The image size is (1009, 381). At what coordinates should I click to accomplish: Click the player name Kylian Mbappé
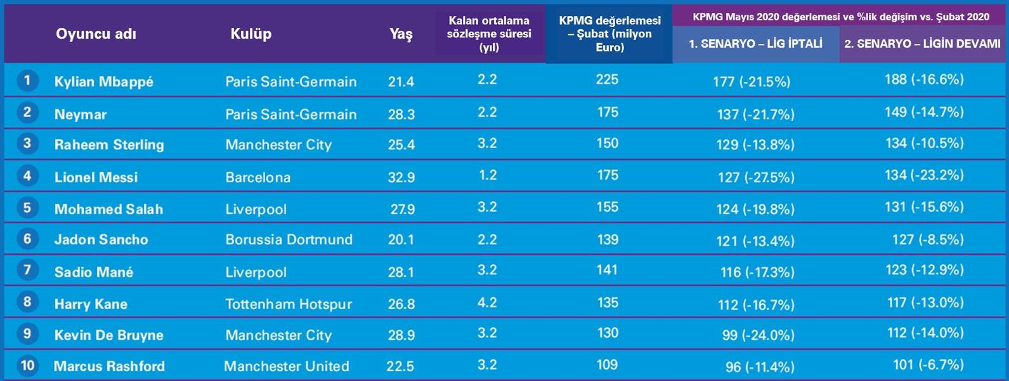pos(103,82)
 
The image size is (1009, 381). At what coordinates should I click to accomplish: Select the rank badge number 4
pos(27,175)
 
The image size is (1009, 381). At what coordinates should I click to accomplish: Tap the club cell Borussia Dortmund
pos(289,240)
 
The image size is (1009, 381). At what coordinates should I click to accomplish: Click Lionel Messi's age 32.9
pos(401,177)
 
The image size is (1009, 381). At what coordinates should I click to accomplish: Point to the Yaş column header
pos(401,34)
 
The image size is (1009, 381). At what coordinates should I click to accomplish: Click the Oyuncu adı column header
pos(96,34)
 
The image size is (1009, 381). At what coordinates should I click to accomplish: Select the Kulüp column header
pos(251,34)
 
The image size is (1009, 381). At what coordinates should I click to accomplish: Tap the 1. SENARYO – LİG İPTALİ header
pos(755,44)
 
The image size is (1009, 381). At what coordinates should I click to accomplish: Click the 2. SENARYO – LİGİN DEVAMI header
pos(922,44)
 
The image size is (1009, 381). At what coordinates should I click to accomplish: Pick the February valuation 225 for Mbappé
pos(608,79)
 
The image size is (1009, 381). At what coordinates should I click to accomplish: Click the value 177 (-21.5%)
pos(752,82)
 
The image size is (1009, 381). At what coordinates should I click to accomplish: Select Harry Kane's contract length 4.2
pos(487,302)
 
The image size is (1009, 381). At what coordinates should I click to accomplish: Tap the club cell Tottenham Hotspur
pos(289,304)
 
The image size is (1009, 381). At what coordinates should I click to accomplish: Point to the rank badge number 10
pos(27,365)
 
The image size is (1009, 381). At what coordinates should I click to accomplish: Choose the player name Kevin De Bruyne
pos(108,335)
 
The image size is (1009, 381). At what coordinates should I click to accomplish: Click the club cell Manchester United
pos(286,366)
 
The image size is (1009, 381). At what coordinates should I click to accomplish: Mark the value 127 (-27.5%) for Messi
pos(756,178)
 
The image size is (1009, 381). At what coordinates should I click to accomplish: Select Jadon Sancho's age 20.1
pos(401,240)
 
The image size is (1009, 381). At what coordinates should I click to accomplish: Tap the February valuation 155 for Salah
pos(608,207)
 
